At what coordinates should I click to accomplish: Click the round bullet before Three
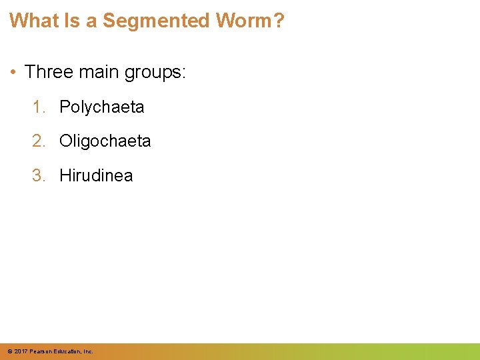(x=15, y=72)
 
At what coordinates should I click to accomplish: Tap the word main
(x=100, y=72)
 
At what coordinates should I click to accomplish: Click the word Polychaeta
(x=101, y=107)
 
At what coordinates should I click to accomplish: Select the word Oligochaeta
(x=105, y=141)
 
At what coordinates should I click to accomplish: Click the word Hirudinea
(x=96, y=176)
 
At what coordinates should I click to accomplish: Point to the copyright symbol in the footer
(x=9, y=351)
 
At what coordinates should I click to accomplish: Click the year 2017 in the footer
(x=21, y=351)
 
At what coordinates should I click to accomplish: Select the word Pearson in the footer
(x=41, y=351)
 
